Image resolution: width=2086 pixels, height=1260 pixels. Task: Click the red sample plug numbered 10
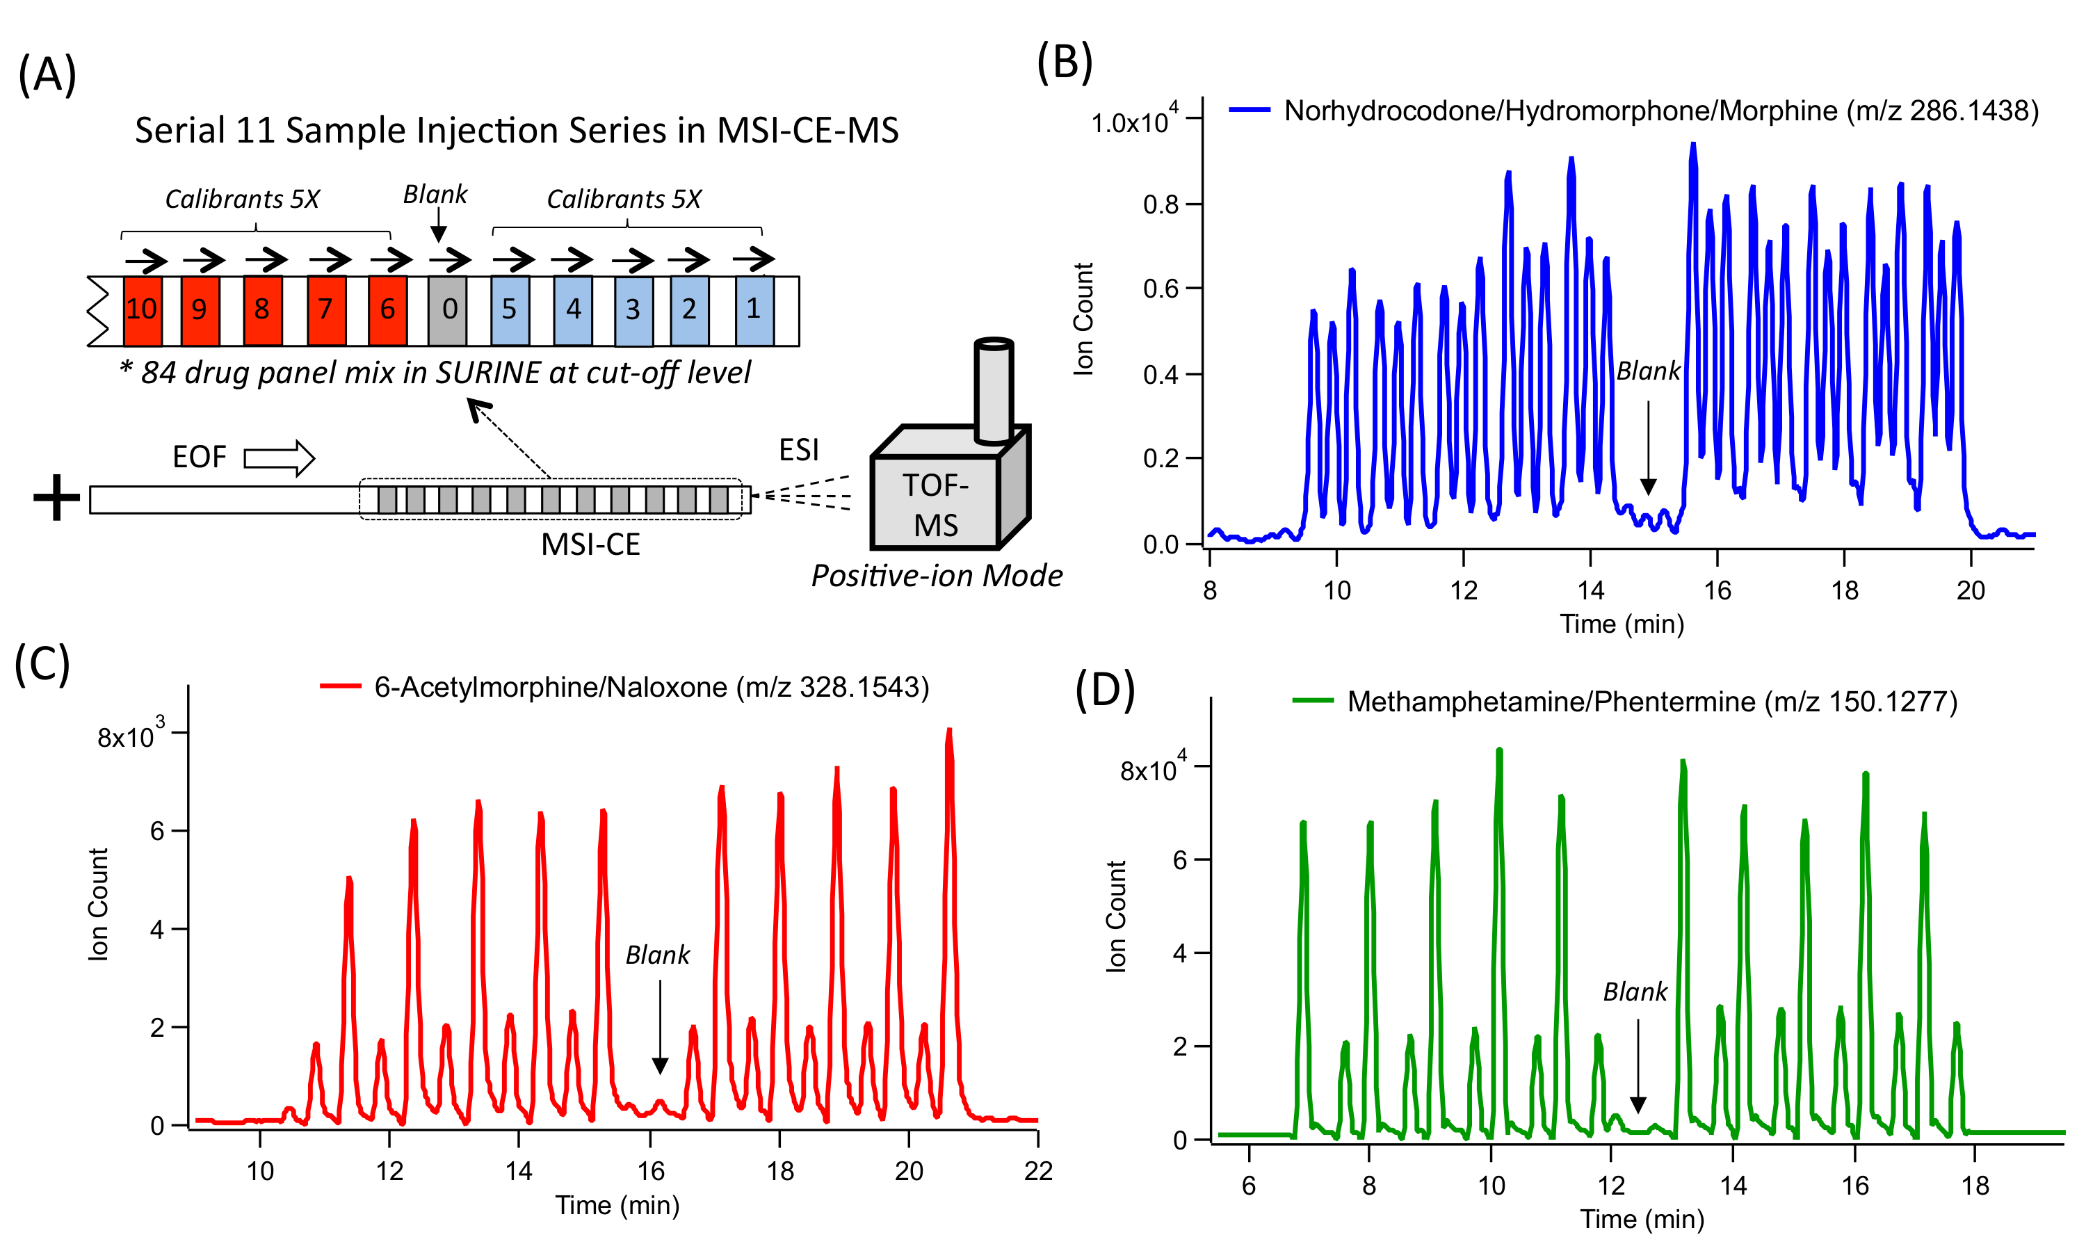click(143, 310)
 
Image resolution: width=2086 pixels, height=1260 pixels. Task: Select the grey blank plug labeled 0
click(447, 310)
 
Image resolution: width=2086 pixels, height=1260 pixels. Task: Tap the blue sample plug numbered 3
click(633, 311)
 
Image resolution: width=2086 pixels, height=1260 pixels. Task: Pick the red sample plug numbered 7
click(326, 310)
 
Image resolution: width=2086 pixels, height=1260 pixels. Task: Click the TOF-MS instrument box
click(935, 504)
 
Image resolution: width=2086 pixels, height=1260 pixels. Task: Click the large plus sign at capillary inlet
click(56, 497)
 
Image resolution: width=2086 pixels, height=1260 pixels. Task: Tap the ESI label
click(798, 450)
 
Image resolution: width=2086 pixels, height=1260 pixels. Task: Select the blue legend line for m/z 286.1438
click(1249, 110)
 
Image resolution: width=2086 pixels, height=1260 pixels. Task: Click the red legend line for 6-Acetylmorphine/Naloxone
click(340, 687)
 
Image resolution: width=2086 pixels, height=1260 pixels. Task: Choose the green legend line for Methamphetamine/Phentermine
click(1312, 701)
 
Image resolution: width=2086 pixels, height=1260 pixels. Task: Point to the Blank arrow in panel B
click(1647, 447)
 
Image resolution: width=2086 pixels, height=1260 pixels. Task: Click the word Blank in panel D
click(1634, 992)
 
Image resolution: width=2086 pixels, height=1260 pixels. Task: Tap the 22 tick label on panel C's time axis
click(1038, 1171)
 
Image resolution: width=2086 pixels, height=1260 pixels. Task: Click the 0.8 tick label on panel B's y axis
click(1160, 205)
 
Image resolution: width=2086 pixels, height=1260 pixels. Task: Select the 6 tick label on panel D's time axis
click(1249, 1186)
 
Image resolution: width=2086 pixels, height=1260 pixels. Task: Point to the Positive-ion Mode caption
click(937, 576)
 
